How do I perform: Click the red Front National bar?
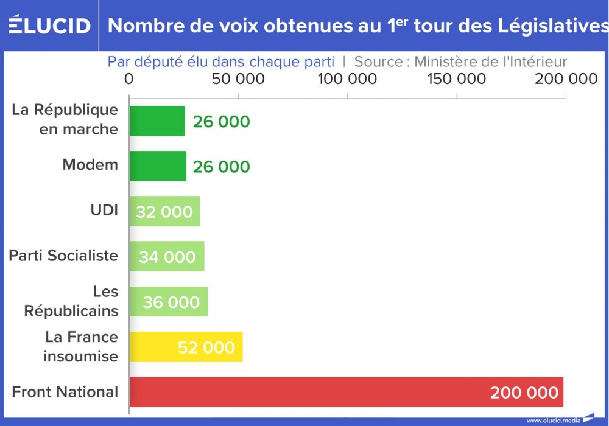click(x=346, y=392)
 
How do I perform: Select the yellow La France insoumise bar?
click(x=186, y=347)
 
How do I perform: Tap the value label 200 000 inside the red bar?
click(x=524, y=393)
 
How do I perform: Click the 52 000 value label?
click(x=206, y=347)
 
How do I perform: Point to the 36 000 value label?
click(x=171, y=302)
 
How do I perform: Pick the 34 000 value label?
click(x=167, y=257)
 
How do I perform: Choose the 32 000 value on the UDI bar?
click(x=164, y=212)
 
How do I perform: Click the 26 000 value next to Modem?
click(x=221, y=167)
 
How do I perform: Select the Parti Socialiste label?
click(x=63, y=256)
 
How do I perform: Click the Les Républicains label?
click(x=71, y=301)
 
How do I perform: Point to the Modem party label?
click(x=90, y=165)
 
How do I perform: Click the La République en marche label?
click(x=65, y=119)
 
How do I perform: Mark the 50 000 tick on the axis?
click(x=238, y=79)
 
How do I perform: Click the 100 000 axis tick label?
click(x=347, y=79)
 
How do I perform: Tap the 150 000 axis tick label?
click(x=456, y=79)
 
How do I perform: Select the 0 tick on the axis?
click(x=128, y=79)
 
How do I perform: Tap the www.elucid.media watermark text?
click(x=554, y=420)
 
